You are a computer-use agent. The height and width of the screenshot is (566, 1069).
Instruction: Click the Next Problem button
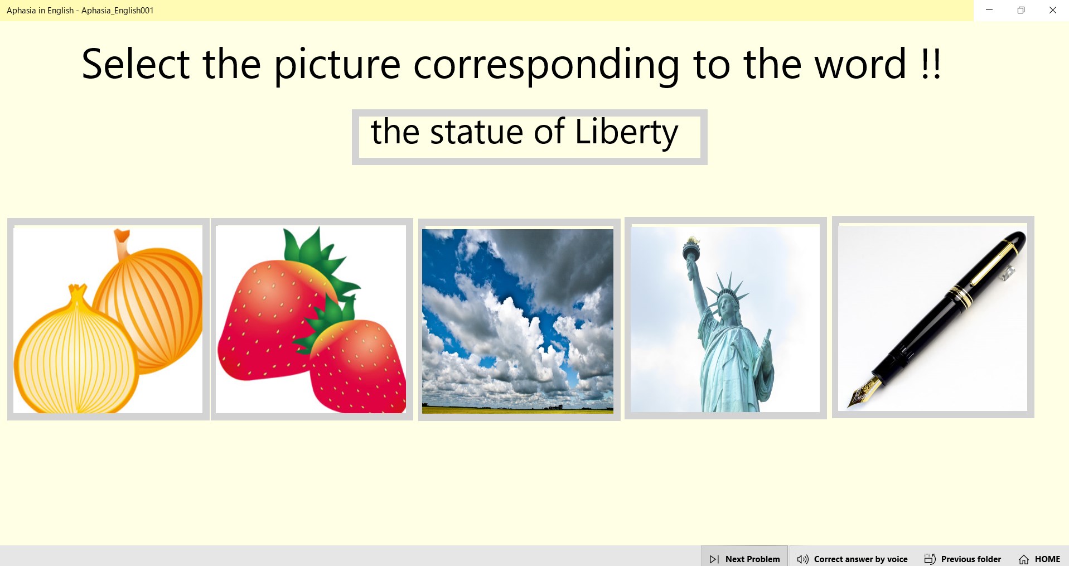pos(744,559)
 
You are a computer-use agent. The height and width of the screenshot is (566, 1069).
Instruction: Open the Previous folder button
pos(963,559)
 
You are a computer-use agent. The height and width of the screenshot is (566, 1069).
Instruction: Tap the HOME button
pos(1039,559)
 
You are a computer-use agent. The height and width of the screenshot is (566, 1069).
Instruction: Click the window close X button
pos(1052,10)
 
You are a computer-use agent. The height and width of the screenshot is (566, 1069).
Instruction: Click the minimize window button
pos(989,10)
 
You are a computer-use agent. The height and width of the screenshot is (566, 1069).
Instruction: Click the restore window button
pos(1020,10)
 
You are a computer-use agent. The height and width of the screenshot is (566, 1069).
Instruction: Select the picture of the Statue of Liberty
pos(725,318)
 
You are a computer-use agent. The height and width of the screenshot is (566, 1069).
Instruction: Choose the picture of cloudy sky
pos(517,320)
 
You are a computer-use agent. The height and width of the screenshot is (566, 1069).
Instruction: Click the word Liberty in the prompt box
pos(626,133)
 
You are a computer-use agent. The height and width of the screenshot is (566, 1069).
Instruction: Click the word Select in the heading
pos(136,65)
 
